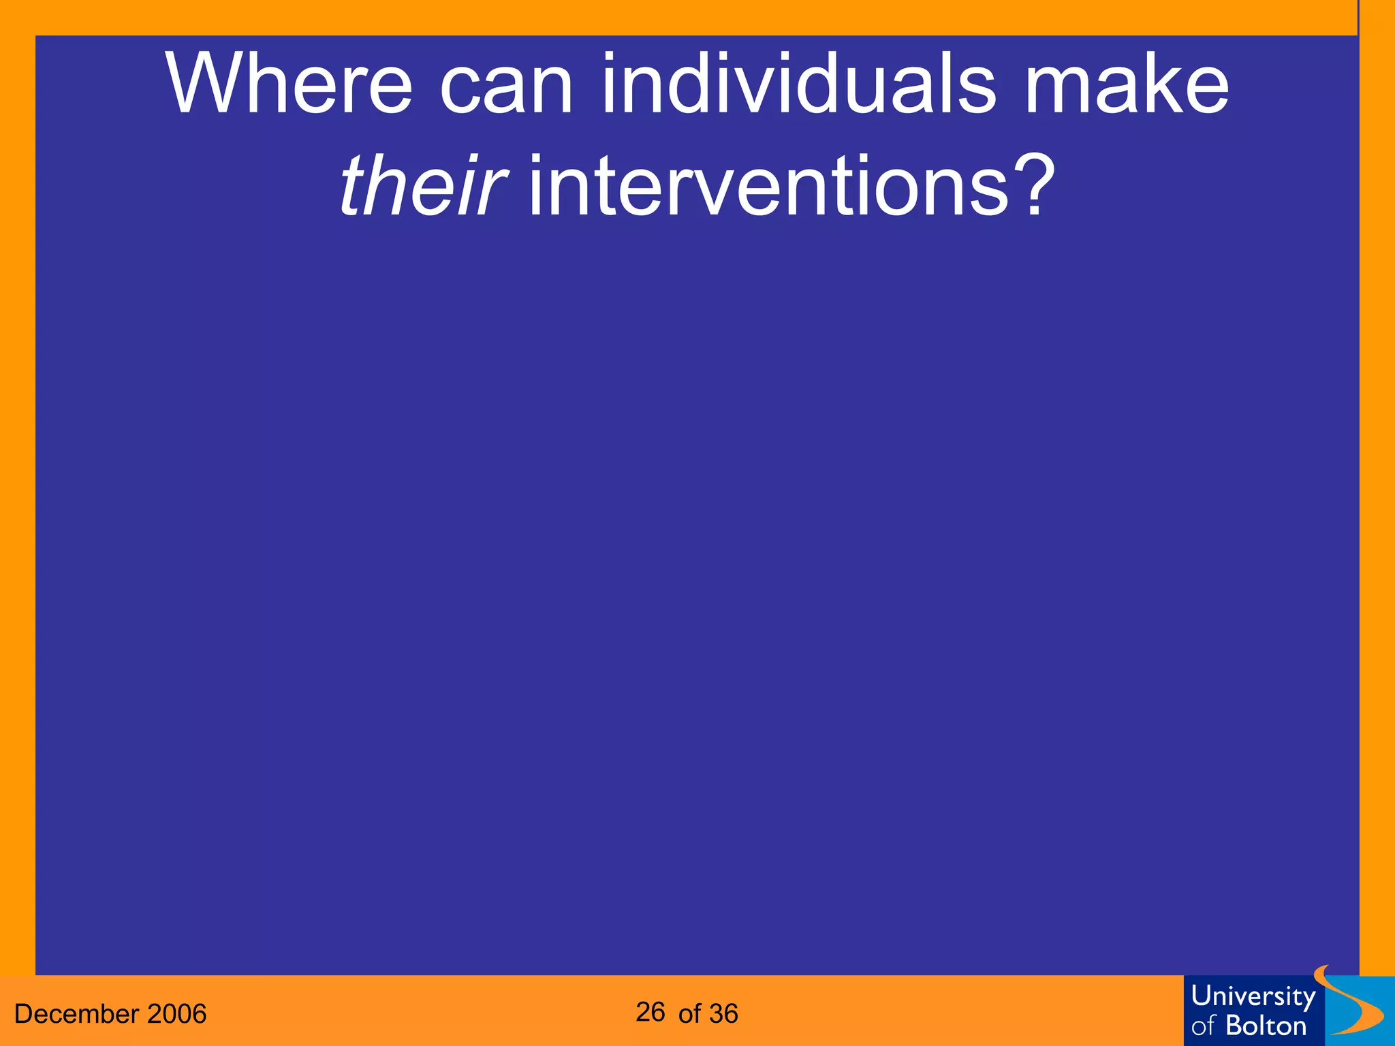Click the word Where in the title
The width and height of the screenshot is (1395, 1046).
pyautogui.click(x=289, y=85)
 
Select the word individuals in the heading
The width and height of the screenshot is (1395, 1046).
pyautogui.click(x=798, y=85)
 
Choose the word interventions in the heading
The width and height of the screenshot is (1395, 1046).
pyautogui.click(x=768, y=185)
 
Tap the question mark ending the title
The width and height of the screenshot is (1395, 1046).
pyautogui.click(x=1035, y=185)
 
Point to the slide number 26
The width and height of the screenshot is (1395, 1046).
pyautogui.click(x=650, y=1013)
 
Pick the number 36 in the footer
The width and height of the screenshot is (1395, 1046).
pyautogui.click(x=723, y=1014)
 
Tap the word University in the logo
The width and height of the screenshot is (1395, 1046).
pyautogui.click(x=1253, y=996)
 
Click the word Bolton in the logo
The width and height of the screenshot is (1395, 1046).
pyautogui.click(x=1266, y=1026)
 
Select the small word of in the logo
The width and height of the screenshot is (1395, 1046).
pyautogui.click(x=1204, y=1026)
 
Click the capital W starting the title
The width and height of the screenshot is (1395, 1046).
pyautogui.click(x=200, y=85)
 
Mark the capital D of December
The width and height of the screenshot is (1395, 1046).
pyautogui.click(x=22, y=1014)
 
